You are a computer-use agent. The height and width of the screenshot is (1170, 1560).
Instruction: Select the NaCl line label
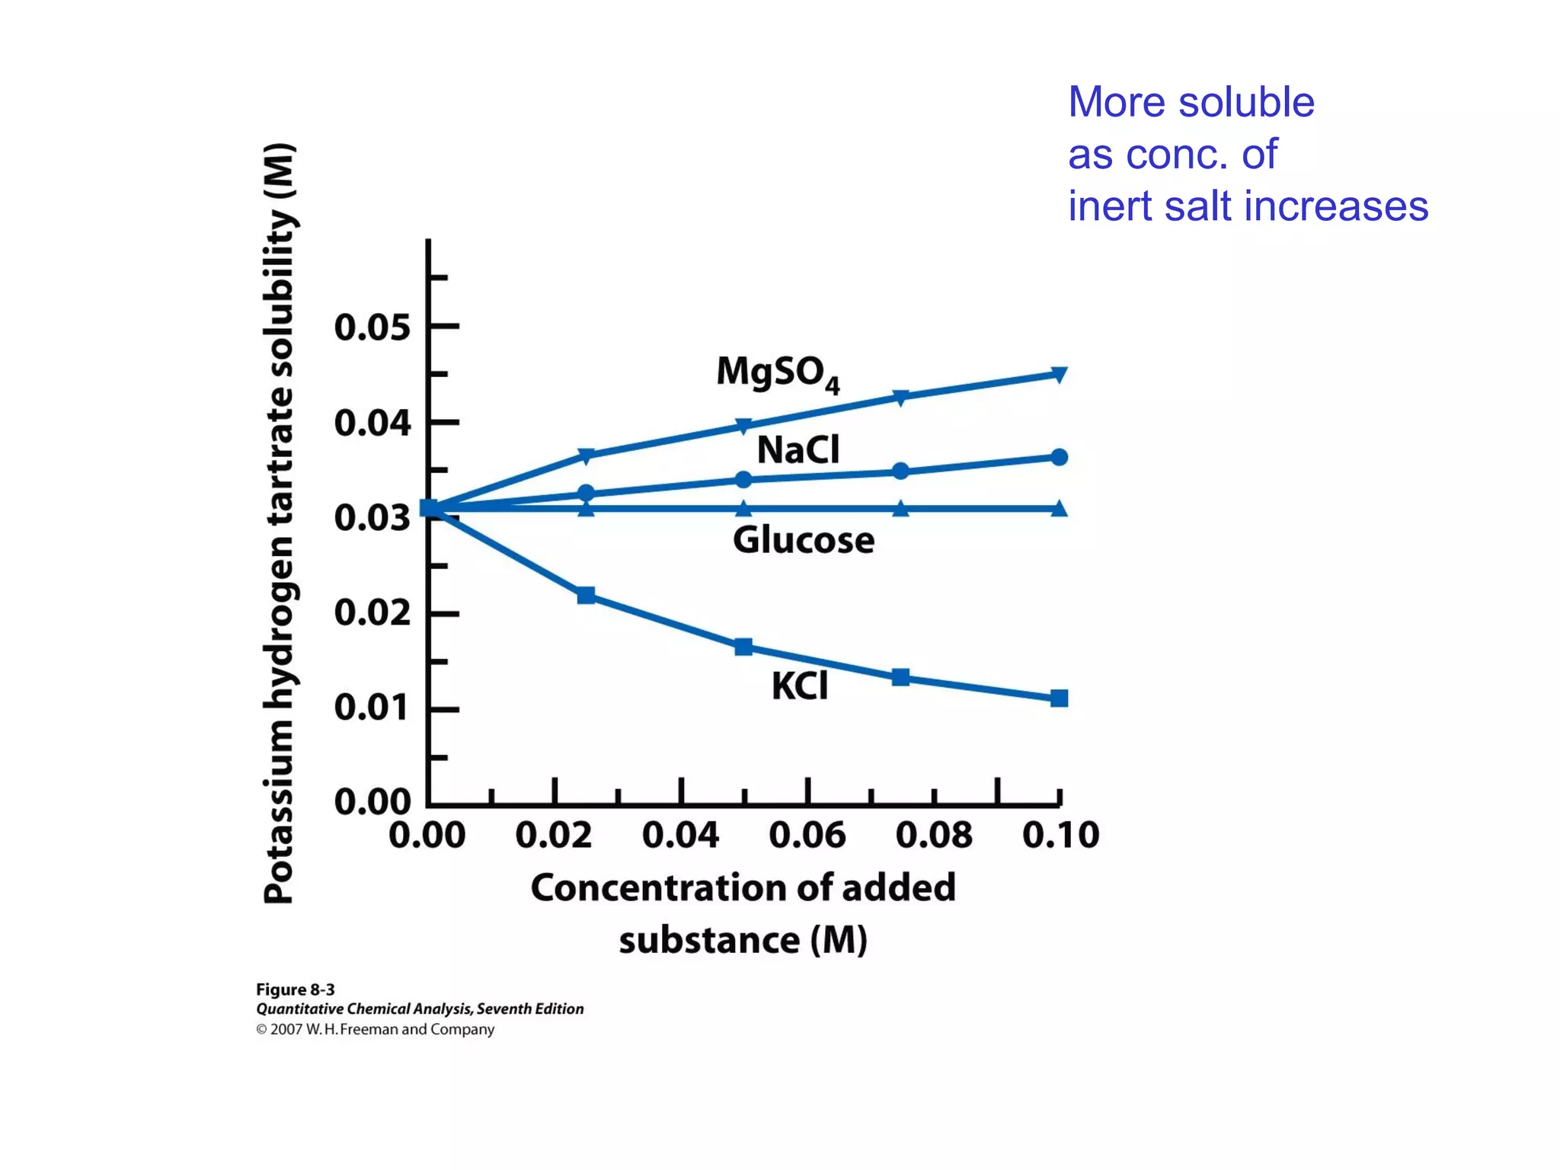798,449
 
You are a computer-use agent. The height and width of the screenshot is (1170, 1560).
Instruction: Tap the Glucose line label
804,540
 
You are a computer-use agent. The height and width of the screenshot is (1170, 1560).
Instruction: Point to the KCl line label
799,686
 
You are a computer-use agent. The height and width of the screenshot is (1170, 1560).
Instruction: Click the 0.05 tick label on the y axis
372,328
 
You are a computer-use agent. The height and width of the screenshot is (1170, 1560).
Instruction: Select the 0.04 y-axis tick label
372,423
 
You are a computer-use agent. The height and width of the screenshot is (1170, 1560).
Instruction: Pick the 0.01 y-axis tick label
372,708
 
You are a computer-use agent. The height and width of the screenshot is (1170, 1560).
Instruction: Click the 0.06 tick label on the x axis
807,835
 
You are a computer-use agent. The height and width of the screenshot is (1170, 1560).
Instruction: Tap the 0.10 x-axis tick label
1060,835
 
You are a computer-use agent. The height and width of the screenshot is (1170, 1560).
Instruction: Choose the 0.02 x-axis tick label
554,835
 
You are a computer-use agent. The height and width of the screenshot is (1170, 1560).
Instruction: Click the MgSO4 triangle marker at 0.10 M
1059,373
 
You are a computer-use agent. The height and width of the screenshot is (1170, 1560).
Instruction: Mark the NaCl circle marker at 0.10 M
1059,457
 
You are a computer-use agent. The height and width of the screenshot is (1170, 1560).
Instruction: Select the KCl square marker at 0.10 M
1059,698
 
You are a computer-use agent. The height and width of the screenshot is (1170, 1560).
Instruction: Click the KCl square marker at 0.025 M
586,595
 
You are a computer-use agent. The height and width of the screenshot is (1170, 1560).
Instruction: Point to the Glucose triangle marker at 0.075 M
900,508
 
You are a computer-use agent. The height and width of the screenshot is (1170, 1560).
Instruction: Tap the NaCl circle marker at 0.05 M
743,479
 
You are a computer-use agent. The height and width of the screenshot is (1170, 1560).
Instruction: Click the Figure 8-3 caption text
295,989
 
